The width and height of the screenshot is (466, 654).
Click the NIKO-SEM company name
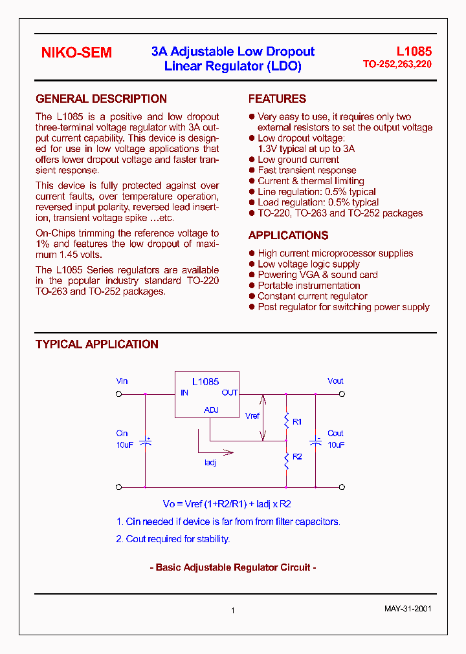point(76,53)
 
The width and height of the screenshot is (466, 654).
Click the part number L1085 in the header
point(414,52)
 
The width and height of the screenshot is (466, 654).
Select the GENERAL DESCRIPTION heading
point(101,99)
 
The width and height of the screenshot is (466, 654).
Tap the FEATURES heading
point(277,99)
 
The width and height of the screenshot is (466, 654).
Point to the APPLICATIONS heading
point(288,235)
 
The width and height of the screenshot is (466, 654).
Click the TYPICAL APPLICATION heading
point(97,344)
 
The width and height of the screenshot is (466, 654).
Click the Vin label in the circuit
point(122,381)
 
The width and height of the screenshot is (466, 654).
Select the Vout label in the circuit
point(335,381)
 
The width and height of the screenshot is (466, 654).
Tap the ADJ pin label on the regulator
point(211,410)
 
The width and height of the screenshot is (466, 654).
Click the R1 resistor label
point(297,421)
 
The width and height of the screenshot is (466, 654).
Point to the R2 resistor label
point(297,456)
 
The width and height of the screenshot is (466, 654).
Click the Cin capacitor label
point(122,434)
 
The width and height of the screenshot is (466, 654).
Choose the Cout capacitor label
point(335,434)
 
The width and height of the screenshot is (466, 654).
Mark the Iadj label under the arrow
point(210,462)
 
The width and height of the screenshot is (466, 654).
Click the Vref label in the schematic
point(252,416)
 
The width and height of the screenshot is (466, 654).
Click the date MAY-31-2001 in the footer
point(408,609)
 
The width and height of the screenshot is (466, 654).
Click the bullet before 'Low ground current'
point(252,160)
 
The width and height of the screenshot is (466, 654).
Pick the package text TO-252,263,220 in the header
point(397,65)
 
